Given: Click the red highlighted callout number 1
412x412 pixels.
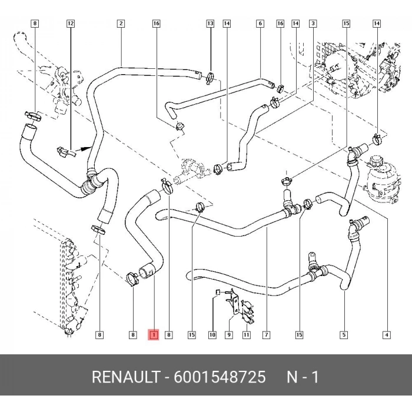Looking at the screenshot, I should [154, 335].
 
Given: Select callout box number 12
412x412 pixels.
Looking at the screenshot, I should [71, 24].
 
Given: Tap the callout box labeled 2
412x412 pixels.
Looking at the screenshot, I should [121, 24].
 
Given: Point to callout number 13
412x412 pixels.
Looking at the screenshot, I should [210, 24].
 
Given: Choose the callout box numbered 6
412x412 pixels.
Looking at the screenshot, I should [260, 24].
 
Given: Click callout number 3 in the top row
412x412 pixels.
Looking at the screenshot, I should [313, 24].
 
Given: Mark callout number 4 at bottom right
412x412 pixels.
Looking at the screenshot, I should [387, 335].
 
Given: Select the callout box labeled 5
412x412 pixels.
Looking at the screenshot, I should [343, 335].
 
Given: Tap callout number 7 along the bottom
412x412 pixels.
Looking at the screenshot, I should [266, 335].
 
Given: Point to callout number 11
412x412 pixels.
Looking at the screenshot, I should [247, 335].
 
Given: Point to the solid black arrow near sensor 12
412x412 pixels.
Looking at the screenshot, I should [87, 149].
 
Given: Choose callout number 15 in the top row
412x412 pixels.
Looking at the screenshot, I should [346, 24].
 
